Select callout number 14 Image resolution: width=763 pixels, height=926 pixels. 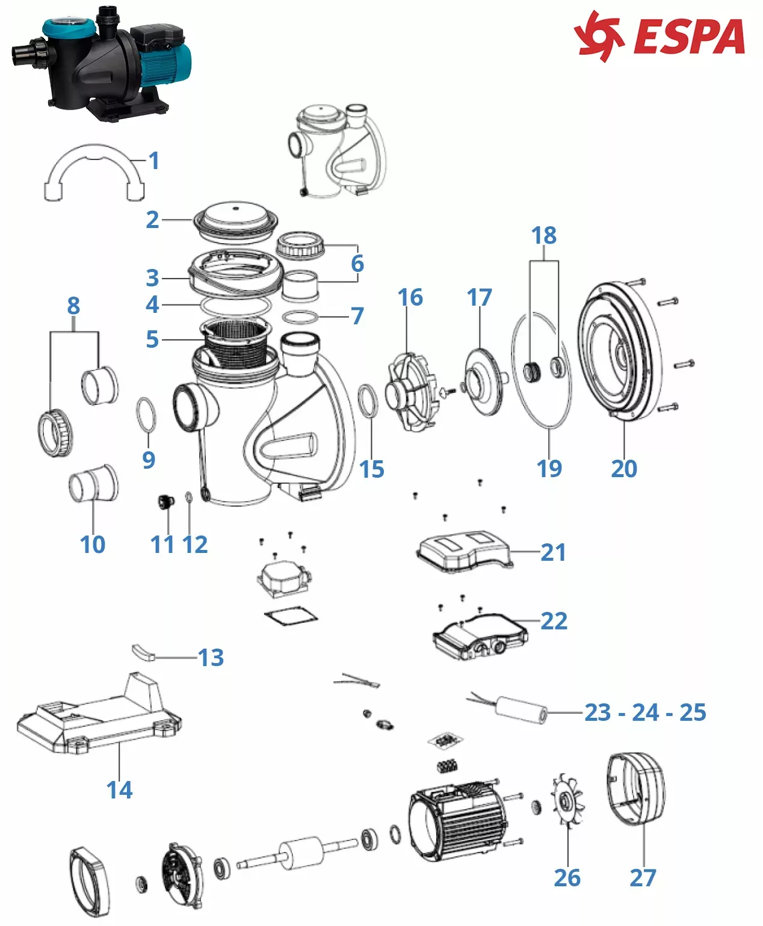(x=119, y=789)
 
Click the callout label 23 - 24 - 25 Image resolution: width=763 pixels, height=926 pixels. (x=645, y=712)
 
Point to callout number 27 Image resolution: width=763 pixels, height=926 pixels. (x=642, y=877)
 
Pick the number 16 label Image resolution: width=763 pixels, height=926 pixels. (x=410, y=297)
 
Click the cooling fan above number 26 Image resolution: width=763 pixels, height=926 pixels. (x=567, y=803)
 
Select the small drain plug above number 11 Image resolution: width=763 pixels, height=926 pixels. (x=164, y=502)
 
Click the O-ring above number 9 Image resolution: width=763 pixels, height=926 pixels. (x=147, y=415)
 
